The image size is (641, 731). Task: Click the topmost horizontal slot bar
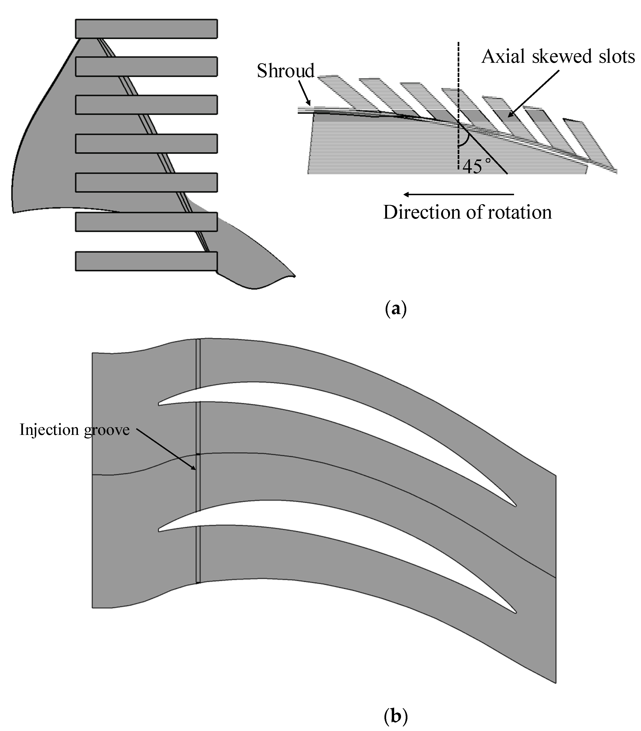pos(146,29)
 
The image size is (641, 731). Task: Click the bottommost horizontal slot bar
pos(146,261)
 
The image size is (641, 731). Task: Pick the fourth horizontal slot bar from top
pos(146,143)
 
